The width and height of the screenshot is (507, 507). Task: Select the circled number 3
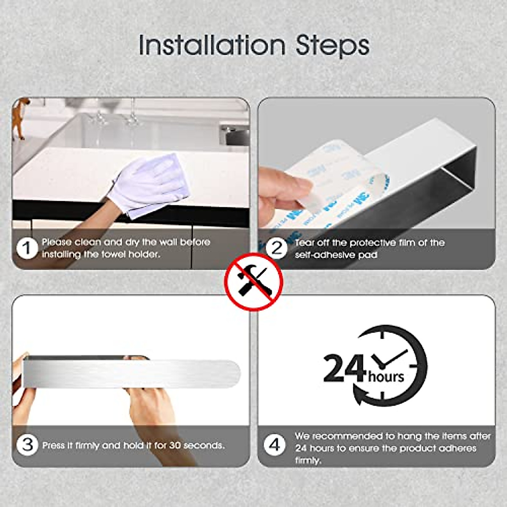click(27, 444)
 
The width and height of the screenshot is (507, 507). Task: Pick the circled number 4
click(274, 444)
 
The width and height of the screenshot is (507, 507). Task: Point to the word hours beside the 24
click(386, 376)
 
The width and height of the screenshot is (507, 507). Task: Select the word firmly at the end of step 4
click(308, 460)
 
